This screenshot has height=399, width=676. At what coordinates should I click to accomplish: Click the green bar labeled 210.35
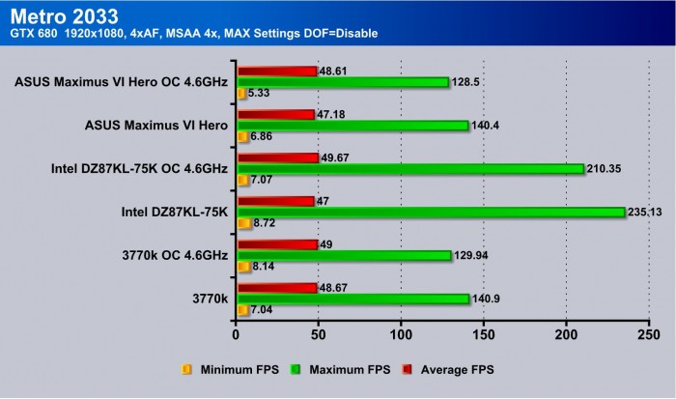(410, 168)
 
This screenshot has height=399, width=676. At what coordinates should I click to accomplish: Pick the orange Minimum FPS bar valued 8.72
(243, 223)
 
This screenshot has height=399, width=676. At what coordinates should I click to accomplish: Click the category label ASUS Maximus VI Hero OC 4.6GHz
(121, 81)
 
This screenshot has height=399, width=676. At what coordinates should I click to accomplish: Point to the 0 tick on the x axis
(237, 333)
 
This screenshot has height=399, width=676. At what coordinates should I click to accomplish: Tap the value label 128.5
(467, 82)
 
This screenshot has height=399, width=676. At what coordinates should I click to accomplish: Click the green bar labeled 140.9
(352, 299)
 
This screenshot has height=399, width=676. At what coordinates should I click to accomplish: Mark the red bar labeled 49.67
(277, 157)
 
